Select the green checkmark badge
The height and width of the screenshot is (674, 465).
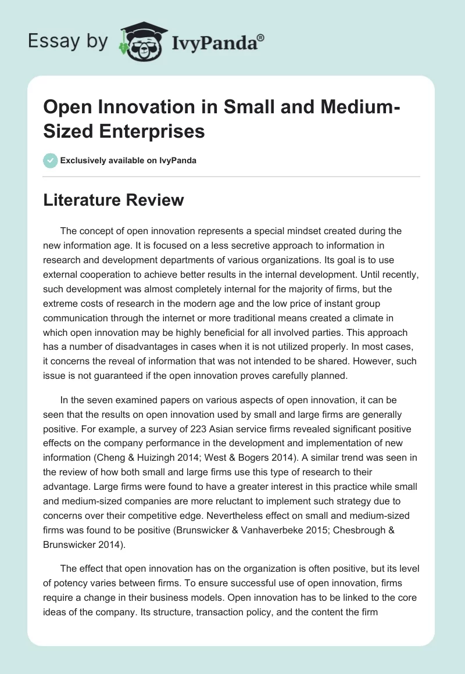50,160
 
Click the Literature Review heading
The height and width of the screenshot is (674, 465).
113,200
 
